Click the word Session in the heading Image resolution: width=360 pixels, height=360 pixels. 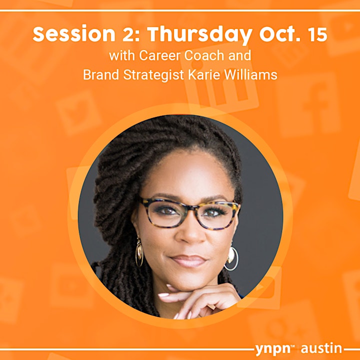(x=74, y=34)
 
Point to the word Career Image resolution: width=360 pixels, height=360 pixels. (x=158, y=55)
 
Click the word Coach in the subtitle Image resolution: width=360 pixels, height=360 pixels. (x=204, y=55)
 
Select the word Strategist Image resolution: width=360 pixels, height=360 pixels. (x=154, y=75)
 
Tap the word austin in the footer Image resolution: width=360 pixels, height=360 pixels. (x=321, y=348)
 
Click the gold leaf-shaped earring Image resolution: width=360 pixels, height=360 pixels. (x=139, y=252)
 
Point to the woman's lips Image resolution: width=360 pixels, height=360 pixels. (x=188, y=261)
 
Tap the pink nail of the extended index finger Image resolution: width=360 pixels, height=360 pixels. (x=163, y=295)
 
